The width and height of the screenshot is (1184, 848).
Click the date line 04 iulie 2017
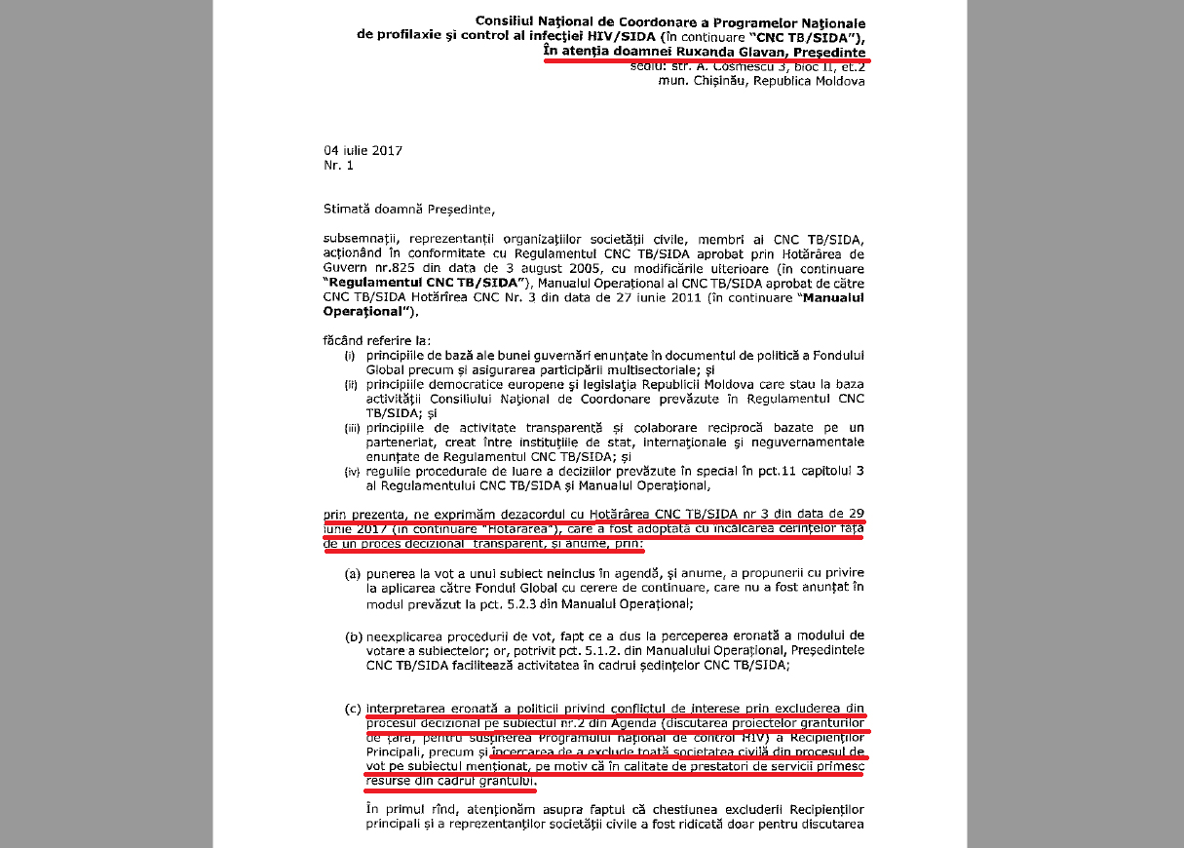pyautogui.click(x=363, y=150)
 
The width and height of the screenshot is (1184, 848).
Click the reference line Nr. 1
pyautogui.click(x=339, y=166)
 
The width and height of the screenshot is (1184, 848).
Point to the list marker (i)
pyautogui.click(x=350, y=357)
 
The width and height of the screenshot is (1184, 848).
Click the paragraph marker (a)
pyautogui.click(x=354, y=575)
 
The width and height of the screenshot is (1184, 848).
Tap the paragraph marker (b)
pyautogui.click(x=354, y=636)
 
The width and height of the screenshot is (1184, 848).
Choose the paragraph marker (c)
pyautogui.click(x=354, y=708)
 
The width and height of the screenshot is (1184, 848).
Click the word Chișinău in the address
pyautogui.click(x=719, y=82)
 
